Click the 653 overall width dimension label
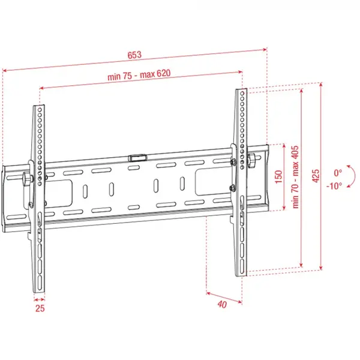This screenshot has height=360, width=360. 134,55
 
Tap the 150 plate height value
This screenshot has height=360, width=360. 278,178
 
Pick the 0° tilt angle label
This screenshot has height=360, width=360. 338,172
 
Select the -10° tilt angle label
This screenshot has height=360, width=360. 335,185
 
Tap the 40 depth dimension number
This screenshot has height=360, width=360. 222,304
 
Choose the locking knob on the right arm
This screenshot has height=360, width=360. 252,161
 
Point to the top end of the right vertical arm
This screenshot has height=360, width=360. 241,91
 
